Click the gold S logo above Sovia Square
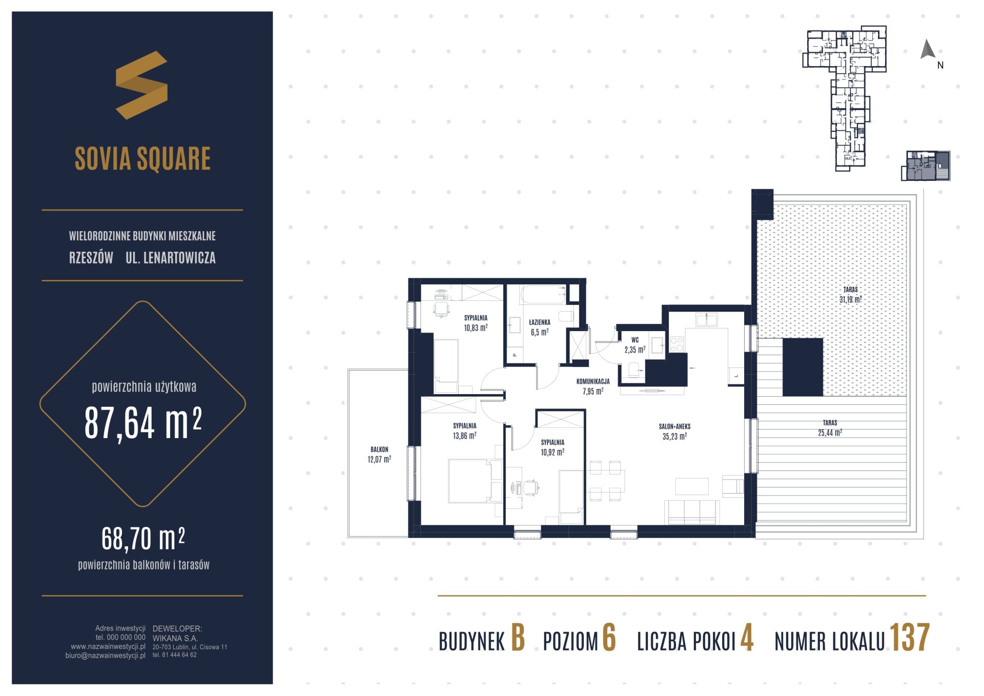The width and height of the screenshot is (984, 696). pyautogui.click(x=141, y=85)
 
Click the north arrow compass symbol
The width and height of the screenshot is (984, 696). pyautogui.click(x=928, y=50)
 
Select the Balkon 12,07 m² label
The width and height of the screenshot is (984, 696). pyautogui.click(x=379, y=455)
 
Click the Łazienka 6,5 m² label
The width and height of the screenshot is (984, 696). pyautogui.click(x=540, y=327)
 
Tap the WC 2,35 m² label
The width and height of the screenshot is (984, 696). pyautogui.click(x=635, y=345)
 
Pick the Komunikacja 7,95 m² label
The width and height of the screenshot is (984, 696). pyautogui.click(x=593, y=386)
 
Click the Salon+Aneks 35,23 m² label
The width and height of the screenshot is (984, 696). pyautogui.click(x=674, y=432)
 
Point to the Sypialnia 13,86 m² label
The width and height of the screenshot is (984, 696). pyautogui.click(x=465, y=431)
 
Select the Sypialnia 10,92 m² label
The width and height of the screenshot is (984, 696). pyautogui.click(x=552, y=447)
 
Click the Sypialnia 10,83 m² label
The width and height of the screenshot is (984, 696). pyautogui.click(x=476, y=323)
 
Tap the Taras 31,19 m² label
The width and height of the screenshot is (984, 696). pyautogui.click(x=851, y=295)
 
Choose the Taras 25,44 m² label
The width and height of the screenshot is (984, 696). pyautogui.click(x=830, y=428)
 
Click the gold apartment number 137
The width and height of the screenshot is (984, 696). pyautogui.click(x=910, y=638)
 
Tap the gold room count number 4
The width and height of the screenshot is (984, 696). pyautogui.click(x=747, y=639)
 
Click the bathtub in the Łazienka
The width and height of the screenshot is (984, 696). pyautogui.click(x=543, y=295)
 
